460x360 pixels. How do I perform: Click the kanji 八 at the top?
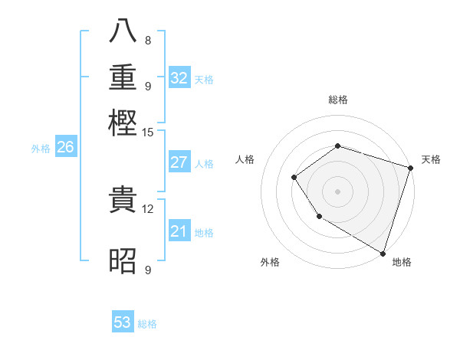pyautogui.click(x=123, y=31)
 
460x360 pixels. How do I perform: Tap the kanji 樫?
pyautogui.click(x=123, y=123)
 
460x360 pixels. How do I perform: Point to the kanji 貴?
pyautogui.click(x=123, y=201)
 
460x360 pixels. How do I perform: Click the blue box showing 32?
pyautogui.click(x=179, y=77)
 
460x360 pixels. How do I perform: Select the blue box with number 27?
pyautogui.click(x=179, y=162)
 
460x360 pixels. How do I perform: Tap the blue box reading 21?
pyautogui.click(x=179, y=231)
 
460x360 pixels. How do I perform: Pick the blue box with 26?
pyautogui.click(x=65, y=148)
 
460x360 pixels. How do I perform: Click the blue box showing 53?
pyautogui.click(x=123, y=322)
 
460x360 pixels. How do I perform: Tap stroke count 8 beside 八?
pyautogui.click(x=147, y=40)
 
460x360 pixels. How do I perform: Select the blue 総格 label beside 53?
pyautogui.click(x=147, y=324)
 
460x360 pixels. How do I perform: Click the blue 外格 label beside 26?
pyautogui.click(x=41, y=149)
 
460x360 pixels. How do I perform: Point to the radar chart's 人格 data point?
pyautogui.click(x=294, y=178)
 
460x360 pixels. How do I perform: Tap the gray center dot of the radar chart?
pyautogui.click(x=337, y=191)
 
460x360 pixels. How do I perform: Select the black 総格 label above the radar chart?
pyautogui.click(x=337, y=100)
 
